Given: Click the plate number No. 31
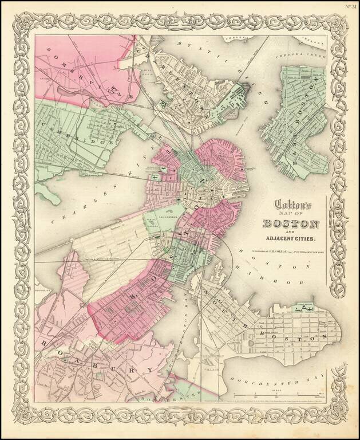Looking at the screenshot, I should pos(350,6).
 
